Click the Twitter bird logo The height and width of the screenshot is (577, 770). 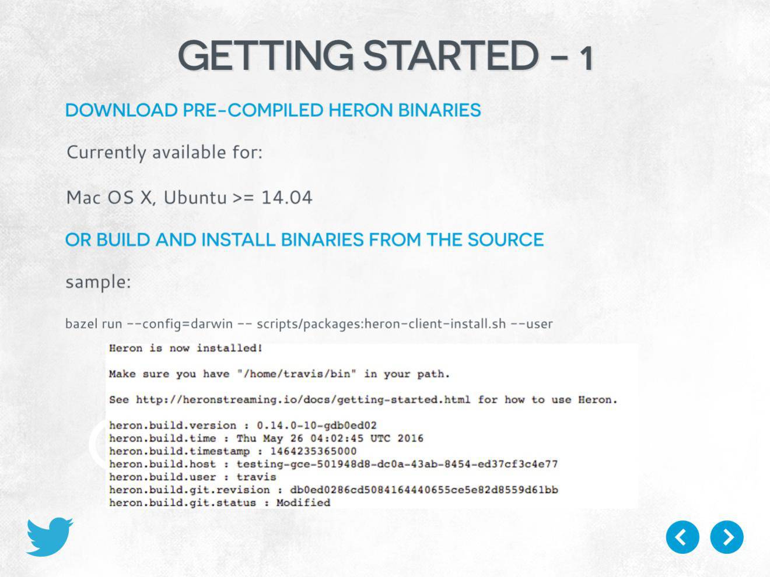point(50,536)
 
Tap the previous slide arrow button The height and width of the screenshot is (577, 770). point(682,537)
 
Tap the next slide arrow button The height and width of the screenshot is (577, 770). point(727,537)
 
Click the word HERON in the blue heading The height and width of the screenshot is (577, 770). point(360,110)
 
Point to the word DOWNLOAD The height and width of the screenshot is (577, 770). point(121,110)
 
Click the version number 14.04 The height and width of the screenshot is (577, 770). point(286,197)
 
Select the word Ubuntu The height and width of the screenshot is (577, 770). point(195,197)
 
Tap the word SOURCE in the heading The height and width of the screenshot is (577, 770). point(506,240)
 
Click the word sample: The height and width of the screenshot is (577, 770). point(98,282)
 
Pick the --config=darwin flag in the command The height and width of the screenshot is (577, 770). point(180,323)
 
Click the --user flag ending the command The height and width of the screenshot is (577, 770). point(532,323)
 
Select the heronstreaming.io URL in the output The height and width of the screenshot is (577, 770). point(303,400)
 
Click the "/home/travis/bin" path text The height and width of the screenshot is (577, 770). point(297,374)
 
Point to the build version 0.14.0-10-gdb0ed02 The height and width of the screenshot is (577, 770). point(317,425)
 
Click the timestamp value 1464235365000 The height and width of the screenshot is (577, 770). point(313,451)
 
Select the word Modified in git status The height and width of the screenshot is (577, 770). point(303,503)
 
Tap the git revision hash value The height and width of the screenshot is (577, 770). point(423,490)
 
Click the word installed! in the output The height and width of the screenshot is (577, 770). point(229,348)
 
